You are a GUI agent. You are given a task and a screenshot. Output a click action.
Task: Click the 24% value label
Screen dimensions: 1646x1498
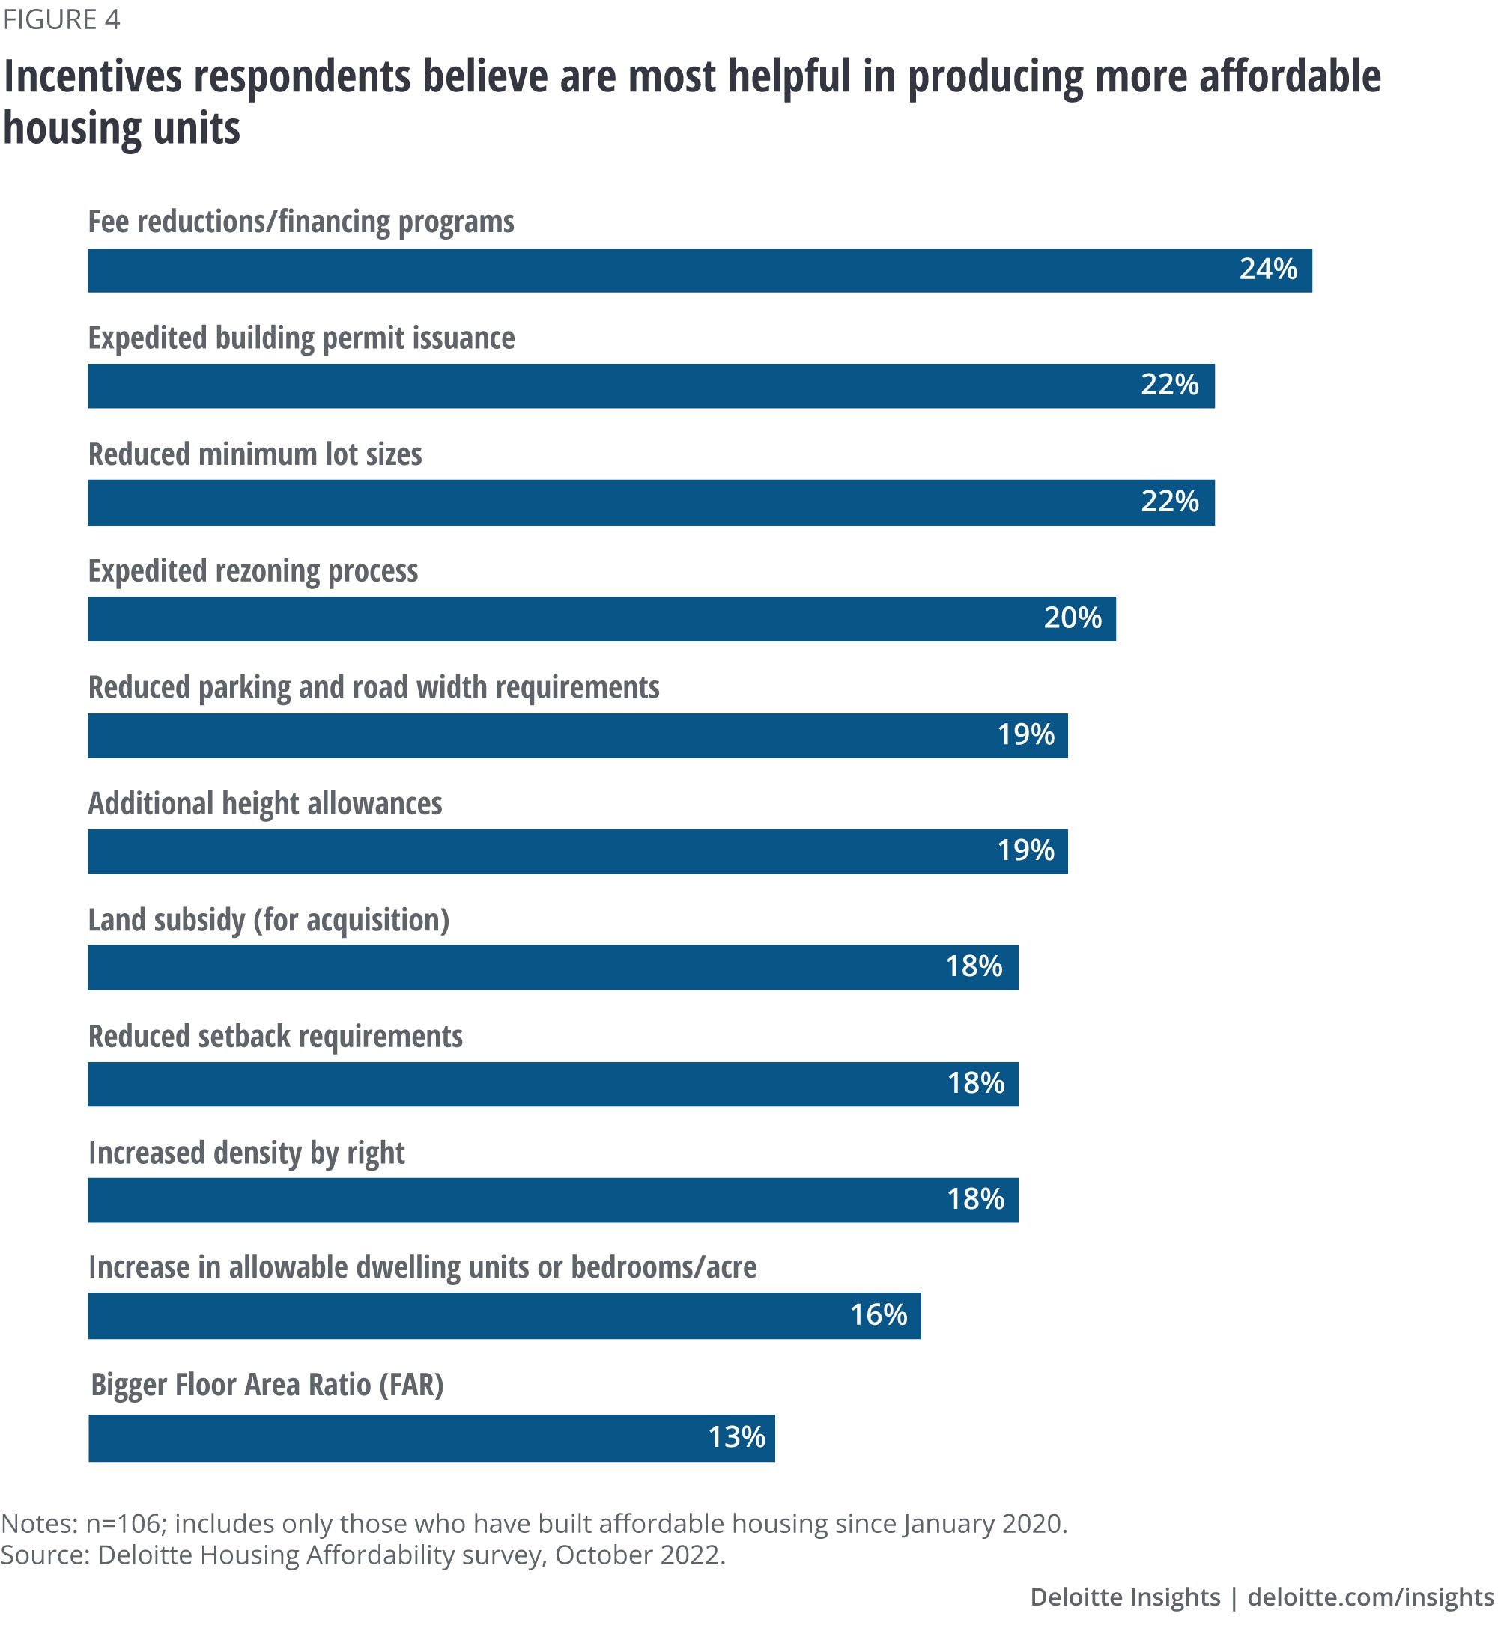(x=1267, y=269)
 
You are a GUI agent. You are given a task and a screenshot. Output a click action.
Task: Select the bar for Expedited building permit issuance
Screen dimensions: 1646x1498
(x=650, y=385)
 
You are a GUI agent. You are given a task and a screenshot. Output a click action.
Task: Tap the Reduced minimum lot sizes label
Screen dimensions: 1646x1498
(x=255, y=455)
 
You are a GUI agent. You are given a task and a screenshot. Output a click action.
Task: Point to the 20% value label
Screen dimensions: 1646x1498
(x=1072, y=618)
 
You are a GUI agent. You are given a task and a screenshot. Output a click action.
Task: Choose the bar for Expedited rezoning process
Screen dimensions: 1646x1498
(x=601, y=619)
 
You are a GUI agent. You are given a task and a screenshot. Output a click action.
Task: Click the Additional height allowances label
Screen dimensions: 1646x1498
(x=264, y=804)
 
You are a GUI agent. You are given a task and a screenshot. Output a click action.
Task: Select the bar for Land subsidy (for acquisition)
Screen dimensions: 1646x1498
(x=552, y=968)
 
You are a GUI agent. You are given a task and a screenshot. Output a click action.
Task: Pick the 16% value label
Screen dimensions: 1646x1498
(x=878, y=1315)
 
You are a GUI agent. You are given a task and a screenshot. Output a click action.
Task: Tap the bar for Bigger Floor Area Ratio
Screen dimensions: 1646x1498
(x=431, y=1438)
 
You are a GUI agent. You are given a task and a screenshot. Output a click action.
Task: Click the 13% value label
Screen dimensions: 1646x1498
(x=736, y=1438)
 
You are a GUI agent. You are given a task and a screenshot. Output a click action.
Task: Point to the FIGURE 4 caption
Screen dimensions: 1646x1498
(x=61, y=19)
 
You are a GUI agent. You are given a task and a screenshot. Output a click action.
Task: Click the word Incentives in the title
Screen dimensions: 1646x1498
(x=92, y=78)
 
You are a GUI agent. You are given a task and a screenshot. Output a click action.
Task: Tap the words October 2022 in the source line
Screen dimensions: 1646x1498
(x=639, y=1555)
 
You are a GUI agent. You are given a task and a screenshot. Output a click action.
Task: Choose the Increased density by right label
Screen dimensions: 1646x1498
(x=246, y=1153)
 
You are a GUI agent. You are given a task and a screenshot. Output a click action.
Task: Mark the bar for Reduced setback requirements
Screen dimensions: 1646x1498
(x=552, y=1085)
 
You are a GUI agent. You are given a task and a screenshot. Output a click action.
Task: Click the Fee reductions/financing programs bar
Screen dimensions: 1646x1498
(x=699, y=270)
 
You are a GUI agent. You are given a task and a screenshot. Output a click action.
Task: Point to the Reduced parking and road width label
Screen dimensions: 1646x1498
(x=373, y=687)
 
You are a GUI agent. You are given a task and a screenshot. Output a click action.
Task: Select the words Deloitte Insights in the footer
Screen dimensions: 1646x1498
(x=1124, y=1597)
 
